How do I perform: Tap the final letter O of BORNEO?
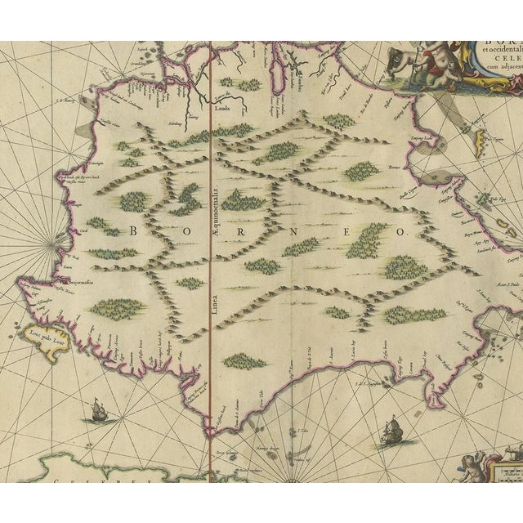(401, 232)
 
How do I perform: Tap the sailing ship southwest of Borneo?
(97, 408)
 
